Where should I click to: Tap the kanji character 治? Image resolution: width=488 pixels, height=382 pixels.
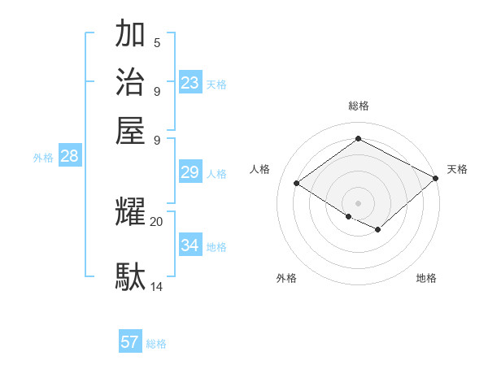click(x=130, y=82)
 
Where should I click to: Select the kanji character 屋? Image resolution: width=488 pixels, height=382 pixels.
click(x=130, y=130)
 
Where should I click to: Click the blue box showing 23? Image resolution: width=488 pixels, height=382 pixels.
click(x=190, y=83)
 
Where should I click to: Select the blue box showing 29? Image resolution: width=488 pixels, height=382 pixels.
click(x=190, y=172)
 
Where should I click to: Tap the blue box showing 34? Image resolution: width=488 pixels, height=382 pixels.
click(x=190, y=245)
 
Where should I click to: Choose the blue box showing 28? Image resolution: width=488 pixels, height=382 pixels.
click(x=69, y=157)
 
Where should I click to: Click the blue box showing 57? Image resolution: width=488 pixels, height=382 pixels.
click(x=130, y=342)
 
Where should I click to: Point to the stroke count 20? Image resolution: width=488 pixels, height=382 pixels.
click(x=157, y=221)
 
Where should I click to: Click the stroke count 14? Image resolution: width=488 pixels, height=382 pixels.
click(x=157, y=286)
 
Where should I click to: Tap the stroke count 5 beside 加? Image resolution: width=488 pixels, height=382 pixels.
click(x=157, y=42)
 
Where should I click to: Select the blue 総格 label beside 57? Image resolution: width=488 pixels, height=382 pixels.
click(x=156, y=344)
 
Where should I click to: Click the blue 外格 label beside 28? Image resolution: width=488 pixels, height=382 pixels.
click(x=43, y=158)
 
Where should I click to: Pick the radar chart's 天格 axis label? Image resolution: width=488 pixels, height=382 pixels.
click(x=457, y=169)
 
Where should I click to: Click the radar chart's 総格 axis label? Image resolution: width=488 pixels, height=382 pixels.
click(x=358, y=106)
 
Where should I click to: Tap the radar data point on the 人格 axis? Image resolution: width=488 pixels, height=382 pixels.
click(x=297, y=183)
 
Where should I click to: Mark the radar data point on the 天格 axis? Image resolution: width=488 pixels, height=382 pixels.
click(x=436, y=178)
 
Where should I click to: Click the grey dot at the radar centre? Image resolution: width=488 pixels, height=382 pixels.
click(x=358, y=202)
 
